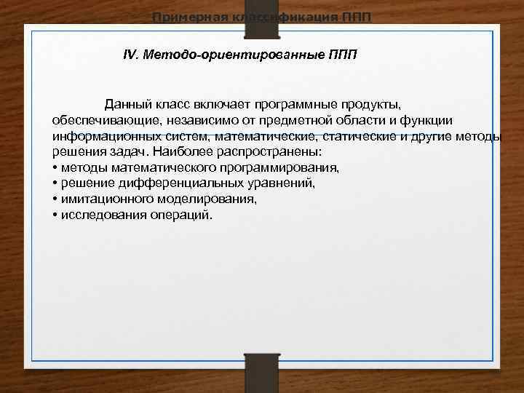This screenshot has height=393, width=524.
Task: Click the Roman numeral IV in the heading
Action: (x=131, y=55)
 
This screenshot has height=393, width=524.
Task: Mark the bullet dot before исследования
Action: (x=55, y=215)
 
